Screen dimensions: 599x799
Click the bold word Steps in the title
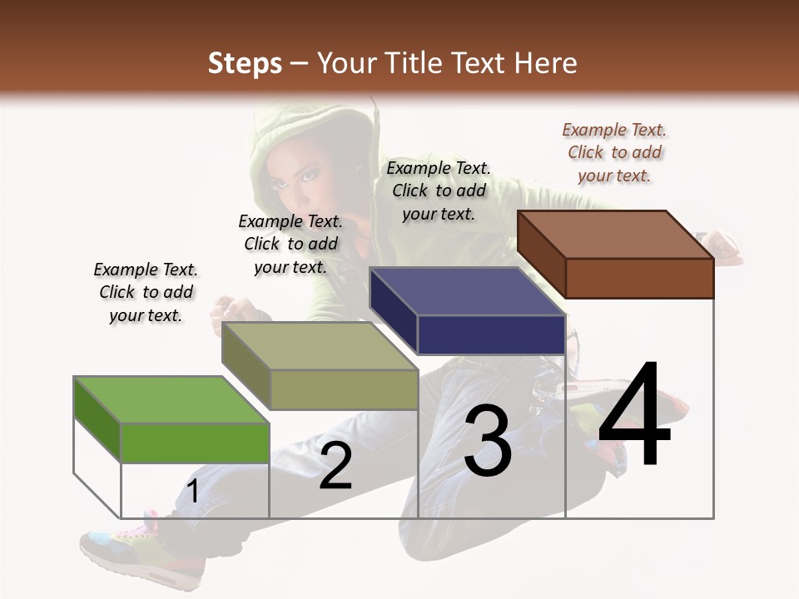click(x=245, y=63)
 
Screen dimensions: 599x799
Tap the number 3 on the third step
click(x=488, y=442)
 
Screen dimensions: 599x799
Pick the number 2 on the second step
click(x=335, y=466)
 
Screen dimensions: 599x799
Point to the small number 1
click(x=192, y=492)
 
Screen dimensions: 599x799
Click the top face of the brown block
click(x=616, y=235)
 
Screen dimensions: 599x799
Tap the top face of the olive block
click(x=320, y=346)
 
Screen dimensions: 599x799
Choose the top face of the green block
click(x=171, y=400)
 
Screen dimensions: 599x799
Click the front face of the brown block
click(x=639, y=278)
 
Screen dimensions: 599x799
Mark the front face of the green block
click(x=195, y=443)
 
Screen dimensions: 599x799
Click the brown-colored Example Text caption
click(x=614, y=152)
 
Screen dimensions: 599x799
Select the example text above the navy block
click(x=439, y=191)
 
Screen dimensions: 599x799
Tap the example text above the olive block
click(x=290, y=244)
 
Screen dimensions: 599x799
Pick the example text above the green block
click(x=146, y=292)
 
